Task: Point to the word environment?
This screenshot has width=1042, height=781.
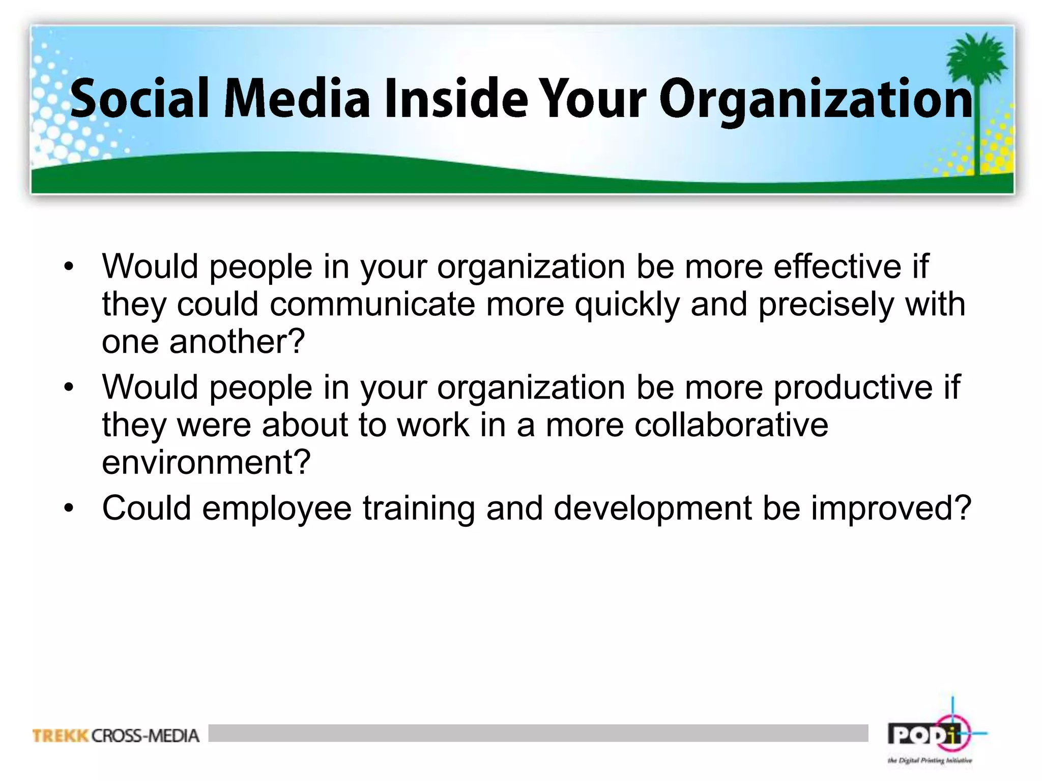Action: [x=206, y=462]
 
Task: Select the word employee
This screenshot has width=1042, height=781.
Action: [x=277, y=508]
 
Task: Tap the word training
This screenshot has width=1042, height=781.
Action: [x=418, y=508]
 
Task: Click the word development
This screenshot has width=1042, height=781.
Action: [x=652, y=508]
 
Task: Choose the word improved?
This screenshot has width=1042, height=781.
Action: [x=891, y=508]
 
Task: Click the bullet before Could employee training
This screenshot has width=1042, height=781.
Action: [x=69, y=508]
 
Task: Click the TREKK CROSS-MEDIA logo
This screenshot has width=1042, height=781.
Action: [x=115, y=736]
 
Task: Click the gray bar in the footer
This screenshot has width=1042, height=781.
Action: [x=538, y=733]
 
